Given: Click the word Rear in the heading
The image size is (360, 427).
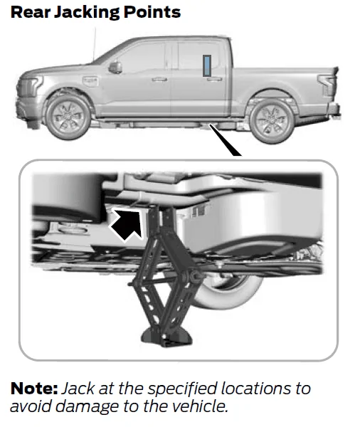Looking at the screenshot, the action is click(x=31, y=12).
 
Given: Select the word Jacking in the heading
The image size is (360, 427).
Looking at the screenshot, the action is click(x=87, y=13).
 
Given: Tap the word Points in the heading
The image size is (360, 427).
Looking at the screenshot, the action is click(x=152, y=12).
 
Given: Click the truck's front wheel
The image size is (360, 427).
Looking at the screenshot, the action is click(x=68, y=117).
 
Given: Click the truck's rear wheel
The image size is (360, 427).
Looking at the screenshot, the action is click(x=272, y=120).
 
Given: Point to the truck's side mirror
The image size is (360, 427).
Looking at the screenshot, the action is click(x=115, y=68).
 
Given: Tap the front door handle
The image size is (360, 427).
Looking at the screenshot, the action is click(x=159, y=79).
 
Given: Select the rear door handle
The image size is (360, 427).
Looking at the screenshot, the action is click(x=215, y=79).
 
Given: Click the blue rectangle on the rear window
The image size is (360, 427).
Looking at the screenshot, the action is click(x=207, y=65).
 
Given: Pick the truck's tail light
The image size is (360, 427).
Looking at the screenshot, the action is click(x=327, y=85).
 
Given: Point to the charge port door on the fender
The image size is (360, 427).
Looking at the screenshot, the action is click(x=90, y=81).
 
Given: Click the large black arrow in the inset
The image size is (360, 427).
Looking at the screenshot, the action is click(x=127, y=224).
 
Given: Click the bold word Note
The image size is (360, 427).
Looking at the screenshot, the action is click(x=34, y=389).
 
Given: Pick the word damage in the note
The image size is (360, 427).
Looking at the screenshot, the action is click(x=87, y=407).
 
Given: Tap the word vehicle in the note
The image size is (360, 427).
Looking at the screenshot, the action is click(x=201, y=406).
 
